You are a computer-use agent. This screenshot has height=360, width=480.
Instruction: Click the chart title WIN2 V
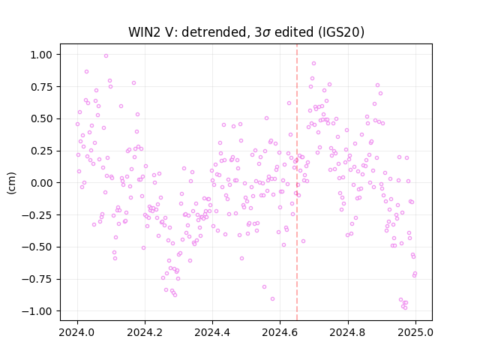click(x=152, y=32)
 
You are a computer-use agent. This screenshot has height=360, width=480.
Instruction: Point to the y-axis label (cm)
click(x=11, y=183)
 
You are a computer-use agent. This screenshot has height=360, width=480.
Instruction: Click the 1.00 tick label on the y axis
click(x=42, y=55)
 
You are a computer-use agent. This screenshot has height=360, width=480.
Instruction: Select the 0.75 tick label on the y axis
click(x=42, y=87)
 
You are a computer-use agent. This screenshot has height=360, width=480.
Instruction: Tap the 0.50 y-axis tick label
click(x=42, y=118)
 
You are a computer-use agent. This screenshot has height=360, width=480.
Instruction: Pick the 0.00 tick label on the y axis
click(x=42, y=183)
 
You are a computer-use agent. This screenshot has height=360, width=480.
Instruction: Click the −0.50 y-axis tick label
click(x=37, y=247)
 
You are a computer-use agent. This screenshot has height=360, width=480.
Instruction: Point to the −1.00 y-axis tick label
click(x=37, y=311)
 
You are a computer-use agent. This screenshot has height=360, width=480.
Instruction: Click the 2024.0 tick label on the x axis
click(x=77, y=332)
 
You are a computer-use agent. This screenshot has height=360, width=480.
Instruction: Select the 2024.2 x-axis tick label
click(x=145, y=332)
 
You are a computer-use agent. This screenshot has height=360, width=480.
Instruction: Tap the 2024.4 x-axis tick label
click(x=212, y=332)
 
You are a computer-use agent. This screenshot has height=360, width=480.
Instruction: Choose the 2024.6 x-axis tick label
click(x=280, y=332)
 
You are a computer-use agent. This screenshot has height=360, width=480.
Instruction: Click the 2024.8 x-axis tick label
click(x=348, y=332)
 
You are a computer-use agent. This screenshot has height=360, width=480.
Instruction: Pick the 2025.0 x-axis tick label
click(x=415, y=332)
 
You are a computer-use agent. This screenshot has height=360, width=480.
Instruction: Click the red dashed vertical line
click(x=297, y=182)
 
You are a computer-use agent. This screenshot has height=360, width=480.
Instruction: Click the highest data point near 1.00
click(x=106, y=56)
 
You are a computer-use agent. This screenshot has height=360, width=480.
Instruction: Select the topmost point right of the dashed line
click(x=313, y=63)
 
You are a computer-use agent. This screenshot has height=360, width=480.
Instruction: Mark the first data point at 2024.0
click(x=78, y=124)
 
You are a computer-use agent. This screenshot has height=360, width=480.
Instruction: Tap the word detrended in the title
click(x=217, y=32)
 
